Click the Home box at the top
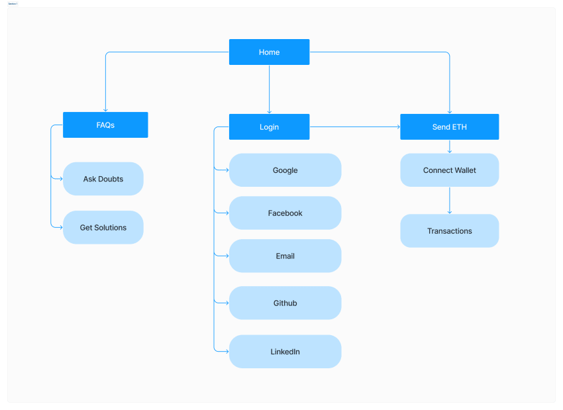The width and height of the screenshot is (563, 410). click(x=269, y=52)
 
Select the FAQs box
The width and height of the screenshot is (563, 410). click(x=105, y=125)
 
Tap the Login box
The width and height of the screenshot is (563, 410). click(x=269, y=127)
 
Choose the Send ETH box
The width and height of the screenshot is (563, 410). click(x=449, y=127)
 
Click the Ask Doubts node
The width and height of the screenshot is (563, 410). click(x=103, y=179)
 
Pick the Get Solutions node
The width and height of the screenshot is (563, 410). click(x=103, y=227)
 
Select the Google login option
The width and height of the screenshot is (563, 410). click(x=285, y=170)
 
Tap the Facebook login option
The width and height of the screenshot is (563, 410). click(x=285, y=213)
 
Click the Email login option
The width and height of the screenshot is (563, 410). click(x=285, y=256)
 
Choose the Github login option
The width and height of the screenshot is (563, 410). click(x=285, y=303)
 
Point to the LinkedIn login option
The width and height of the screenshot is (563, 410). click(x=285, y=352)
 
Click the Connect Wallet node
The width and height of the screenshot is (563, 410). click(x=449, y=170)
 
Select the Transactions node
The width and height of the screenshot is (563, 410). click(x=449, y=231)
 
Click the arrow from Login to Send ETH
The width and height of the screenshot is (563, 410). click(x=354, y=127)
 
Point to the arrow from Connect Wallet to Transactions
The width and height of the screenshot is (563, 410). click(x=450, y=200)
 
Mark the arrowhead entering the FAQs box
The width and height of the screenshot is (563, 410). click(x=105, y=109)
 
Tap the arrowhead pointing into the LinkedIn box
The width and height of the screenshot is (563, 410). click(x=226, y=351)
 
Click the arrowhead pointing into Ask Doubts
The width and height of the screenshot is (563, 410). click(x=60, y=178)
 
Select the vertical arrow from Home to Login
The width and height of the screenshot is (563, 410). click(x=269, y=89)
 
